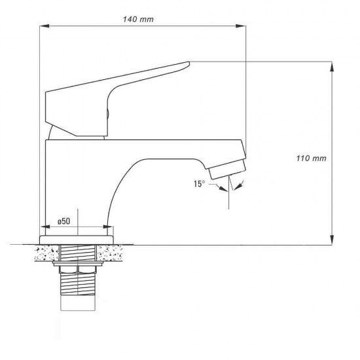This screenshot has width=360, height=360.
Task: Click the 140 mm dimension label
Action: pos(138,19)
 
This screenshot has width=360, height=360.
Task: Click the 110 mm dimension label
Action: pos(311,158)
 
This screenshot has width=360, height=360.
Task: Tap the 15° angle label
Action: pos(199,184)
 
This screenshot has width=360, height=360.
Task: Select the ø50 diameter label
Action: pos(64,221)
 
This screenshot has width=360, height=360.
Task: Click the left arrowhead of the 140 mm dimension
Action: pos(45,26)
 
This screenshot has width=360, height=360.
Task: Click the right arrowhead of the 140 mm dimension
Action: pos(241,26)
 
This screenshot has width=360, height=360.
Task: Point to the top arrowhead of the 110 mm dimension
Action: pos(332,67)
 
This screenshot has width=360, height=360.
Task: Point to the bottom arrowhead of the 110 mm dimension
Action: pos(332,240)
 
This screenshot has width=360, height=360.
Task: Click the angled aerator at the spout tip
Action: pos(228,170)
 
